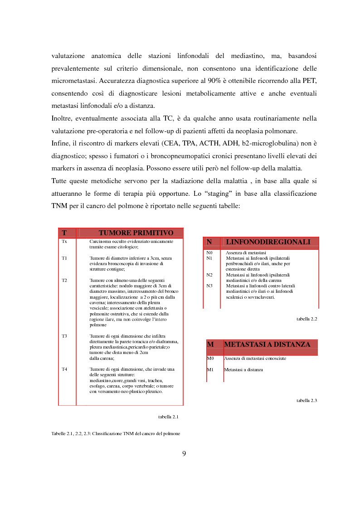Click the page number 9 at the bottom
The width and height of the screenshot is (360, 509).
point(184,454)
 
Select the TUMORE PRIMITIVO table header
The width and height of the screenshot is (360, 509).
point(136,233)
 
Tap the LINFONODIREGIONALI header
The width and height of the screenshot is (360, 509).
point(268,242)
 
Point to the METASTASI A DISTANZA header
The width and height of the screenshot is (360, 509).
point(267,344)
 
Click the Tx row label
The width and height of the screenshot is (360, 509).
point(64,242)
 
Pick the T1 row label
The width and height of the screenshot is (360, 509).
point(64,258)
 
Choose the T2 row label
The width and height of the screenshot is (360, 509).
point(64,280)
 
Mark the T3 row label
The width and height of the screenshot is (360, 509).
point(64,336)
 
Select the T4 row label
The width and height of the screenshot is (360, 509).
point(64,369)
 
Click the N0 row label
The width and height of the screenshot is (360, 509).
point(209,252)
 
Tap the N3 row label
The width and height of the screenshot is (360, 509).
point(209,286)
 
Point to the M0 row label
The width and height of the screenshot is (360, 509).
point(210,359)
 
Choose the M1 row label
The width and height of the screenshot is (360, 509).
point(210,370)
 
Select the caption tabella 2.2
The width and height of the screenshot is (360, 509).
point(307,319)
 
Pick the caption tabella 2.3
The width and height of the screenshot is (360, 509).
point(307,401)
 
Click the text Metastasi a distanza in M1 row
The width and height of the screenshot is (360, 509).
point(243,370)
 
